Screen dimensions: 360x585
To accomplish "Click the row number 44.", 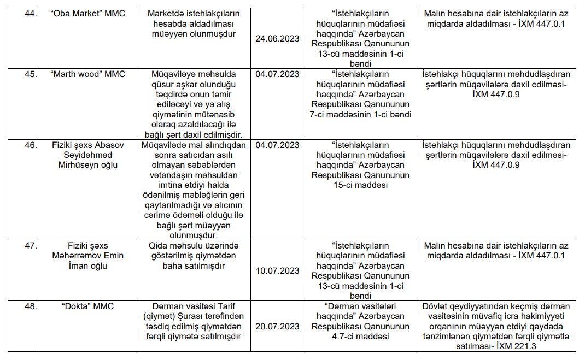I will tap(30, 13).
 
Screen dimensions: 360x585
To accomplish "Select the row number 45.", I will tap(30, 74).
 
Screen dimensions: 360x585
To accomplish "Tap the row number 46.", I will tap(30, 145).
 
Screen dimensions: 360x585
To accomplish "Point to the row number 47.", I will tap(30, 245).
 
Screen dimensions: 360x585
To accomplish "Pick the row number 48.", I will tap(30, 306).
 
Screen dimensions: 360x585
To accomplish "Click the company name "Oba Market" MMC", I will tap(87, 13).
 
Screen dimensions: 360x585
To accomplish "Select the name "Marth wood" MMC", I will tap(87, 74).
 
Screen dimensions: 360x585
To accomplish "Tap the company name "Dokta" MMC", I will tap(87, 306).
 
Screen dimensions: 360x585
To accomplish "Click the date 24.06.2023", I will tap(277, 38).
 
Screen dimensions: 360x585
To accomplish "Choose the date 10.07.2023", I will tap(277, 270).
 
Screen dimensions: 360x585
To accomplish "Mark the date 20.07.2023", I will tap(277, 326).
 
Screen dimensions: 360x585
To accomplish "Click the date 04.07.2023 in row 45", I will tap(277, 74).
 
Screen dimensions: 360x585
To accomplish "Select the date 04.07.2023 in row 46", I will tap(277, 145).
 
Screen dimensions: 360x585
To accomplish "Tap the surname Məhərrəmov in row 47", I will tap(87, 256).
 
